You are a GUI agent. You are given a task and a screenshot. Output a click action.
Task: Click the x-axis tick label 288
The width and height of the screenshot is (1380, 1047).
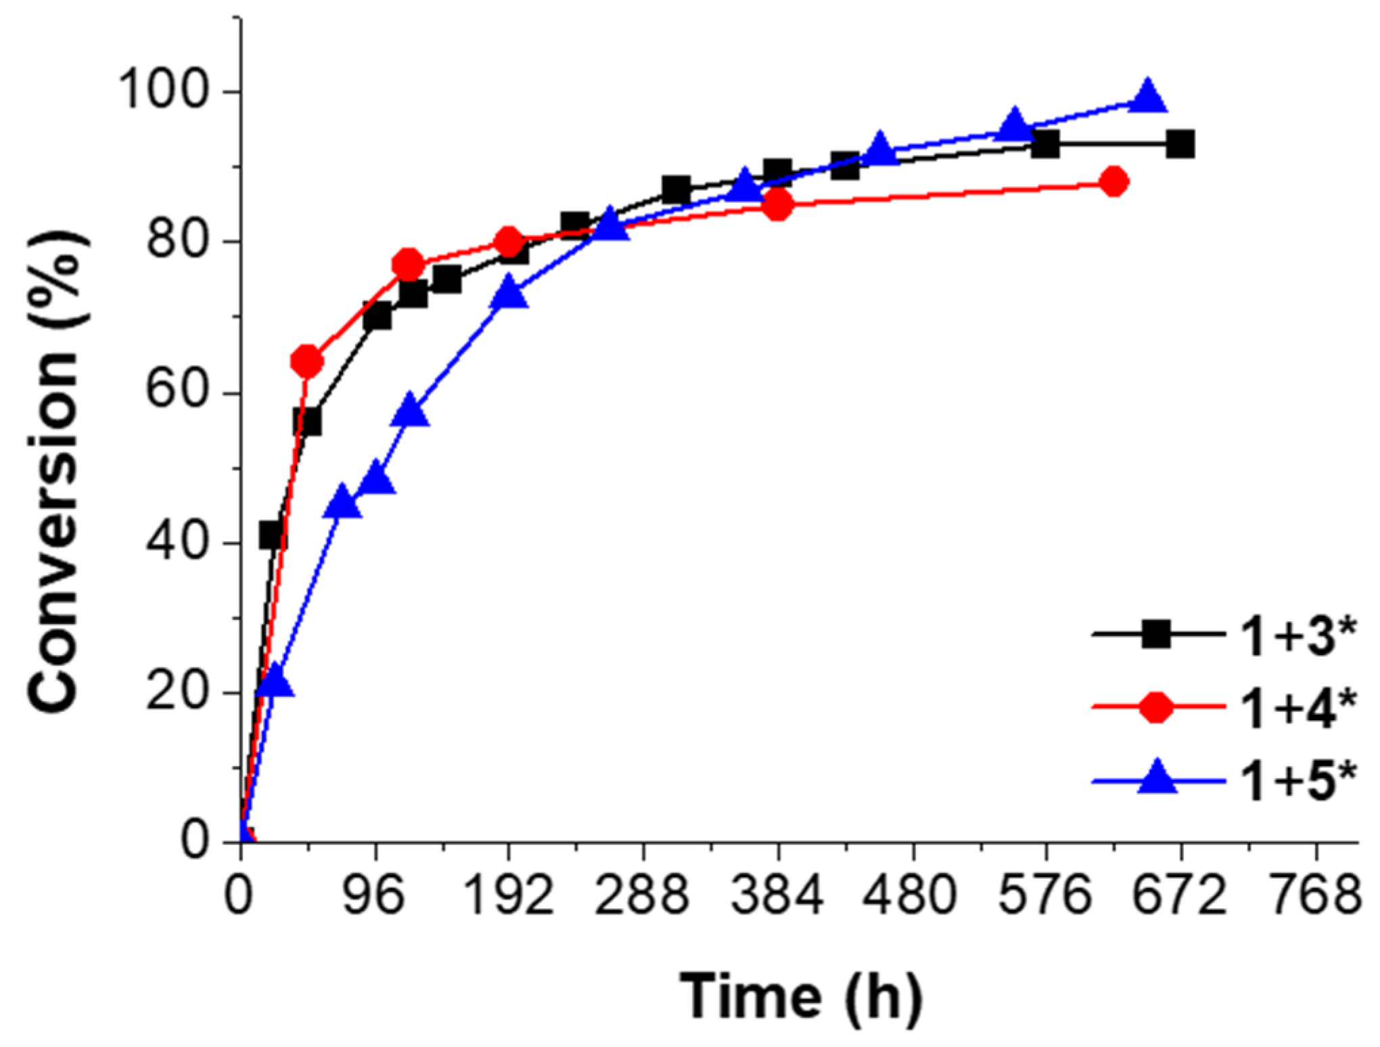642,895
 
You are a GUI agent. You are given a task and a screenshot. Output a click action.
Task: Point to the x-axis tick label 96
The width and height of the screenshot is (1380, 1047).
374,895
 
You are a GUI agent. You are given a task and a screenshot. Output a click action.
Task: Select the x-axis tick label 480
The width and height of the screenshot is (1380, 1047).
911,895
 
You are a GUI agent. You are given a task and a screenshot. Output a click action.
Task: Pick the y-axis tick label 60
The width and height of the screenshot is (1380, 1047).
177,391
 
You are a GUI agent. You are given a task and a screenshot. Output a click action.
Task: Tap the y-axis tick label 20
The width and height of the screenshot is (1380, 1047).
177,692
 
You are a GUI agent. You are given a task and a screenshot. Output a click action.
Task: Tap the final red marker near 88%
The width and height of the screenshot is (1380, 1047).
1114,181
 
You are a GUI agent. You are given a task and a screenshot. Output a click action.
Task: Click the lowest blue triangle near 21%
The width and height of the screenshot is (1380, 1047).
275,682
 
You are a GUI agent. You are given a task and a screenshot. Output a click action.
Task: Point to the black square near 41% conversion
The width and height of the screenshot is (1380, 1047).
273,535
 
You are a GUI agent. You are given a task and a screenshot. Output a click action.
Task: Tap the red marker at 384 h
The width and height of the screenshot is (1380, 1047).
778,204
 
